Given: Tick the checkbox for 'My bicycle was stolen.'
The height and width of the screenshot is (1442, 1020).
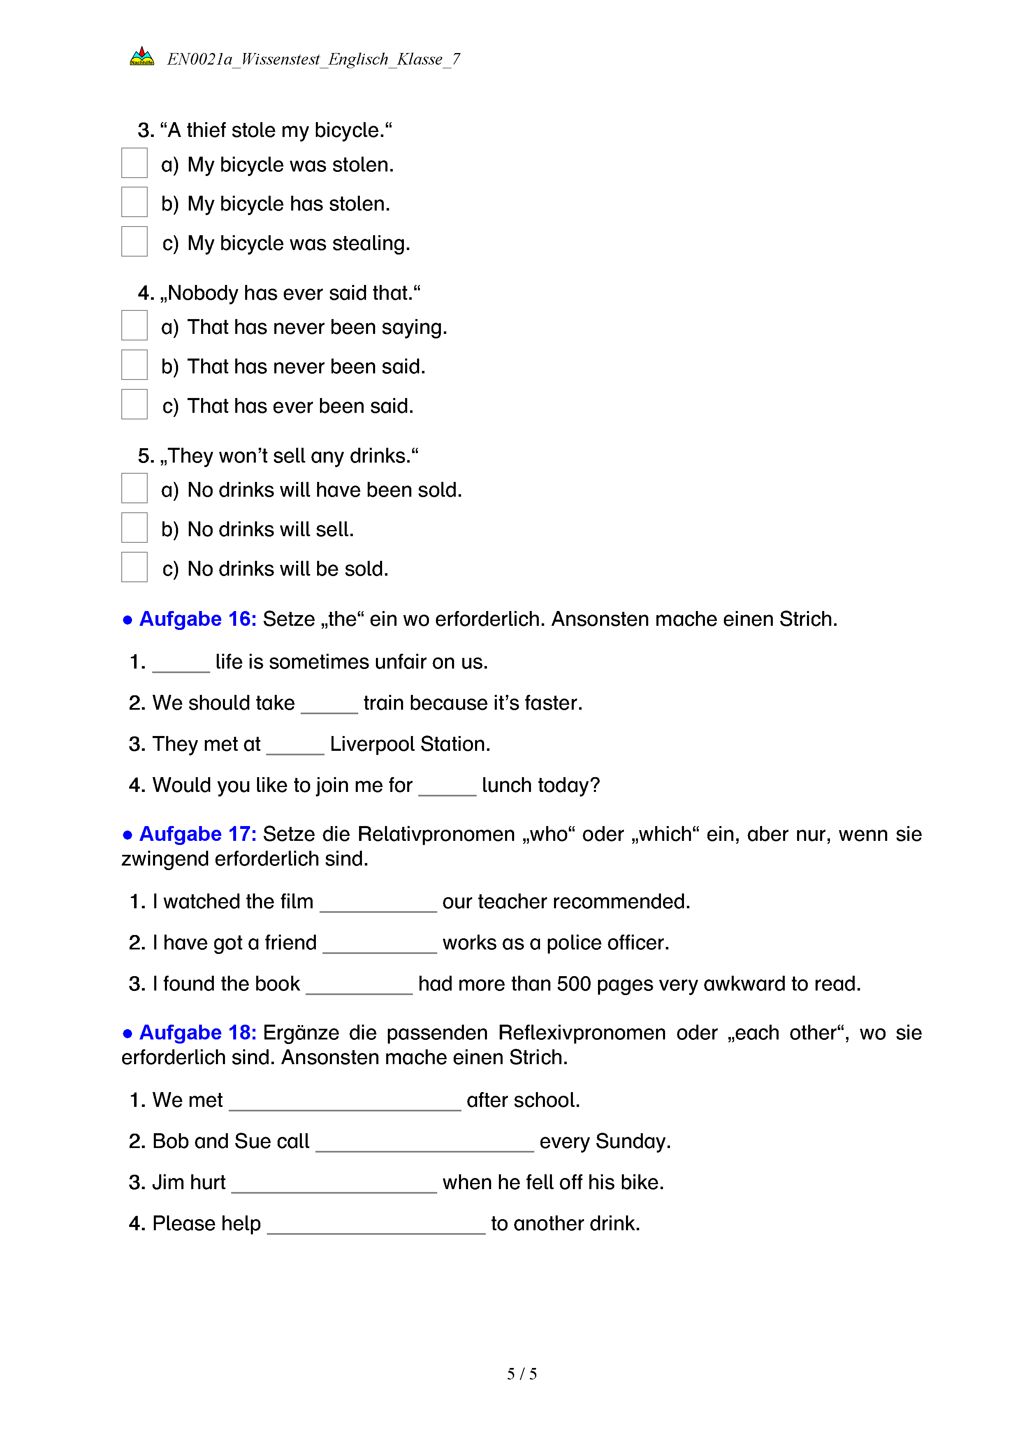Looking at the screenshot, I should pos(134,163).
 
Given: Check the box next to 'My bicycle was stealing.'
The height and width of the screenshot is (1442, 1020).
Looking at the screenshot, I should pos(134,242).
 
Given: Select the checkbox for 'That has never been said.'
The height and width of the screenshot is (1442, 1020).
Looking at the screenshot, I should pos(134,365).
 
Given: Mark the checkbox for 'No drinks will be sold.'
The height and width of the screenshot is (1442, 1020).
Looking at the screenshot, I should pos(134,567).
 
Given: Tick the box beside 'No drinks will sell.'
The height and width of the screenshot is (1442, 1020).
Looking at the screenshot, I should pos(134,528).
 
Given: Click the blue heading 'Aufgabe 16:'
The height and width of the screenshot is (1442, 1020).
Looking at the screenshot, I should pos(197,619).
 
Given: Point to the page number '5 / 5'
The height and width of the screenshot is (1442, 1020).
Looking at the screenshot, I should pos(522,1374).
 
